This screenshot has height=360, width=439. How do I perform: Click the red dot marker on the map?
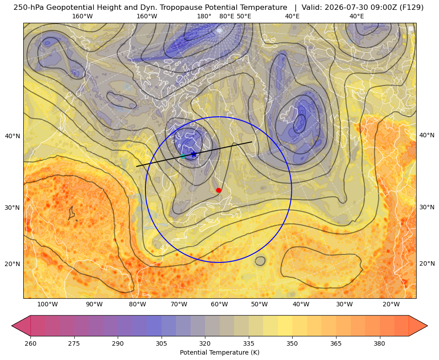coord(219,190)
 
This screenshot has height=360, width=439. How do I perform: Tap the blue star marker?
coord(194,154)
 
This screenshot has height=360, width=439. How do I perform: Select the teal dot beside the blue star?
coord(183,156)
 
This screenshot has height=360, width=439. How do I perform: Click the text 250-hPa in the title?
coord(29,8)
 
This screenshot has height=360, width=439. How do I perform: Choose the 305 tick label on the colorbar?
coord(161,343)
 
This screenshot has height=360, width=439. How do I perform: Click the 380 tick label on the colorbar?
coord(379,343)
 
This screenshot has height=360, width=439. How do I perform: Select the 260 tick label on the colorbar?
coord(30,343)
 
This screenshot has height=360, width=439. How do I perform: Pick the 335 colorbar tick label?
coord(249,343)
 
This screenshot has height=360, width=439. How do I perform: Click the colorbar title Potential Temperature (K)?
coord(219,352)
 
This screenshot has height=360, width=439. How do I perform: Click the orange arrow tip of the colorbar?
coord(427,326)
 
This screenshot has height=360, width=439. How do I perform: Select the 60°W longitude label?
coord(219,305)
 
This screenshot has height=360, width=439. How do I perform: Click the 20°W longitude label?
coord(391,305)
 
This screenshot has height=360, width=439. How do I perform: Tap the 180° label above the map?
coord(204,17)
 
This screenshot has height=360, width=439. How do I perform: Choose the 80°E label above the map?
coord(226,17)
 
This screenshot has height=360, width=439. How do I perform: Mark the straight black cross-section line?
coord(194,154)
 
